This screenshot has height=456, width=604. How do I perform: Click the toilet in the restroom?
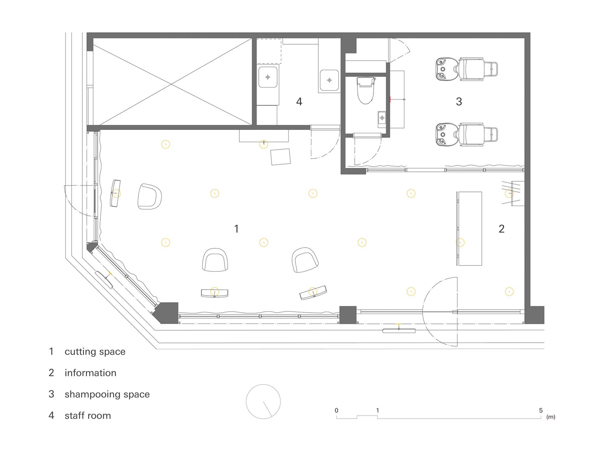[366, 91]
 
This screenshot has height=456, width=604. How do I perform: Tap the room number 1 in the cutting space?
[236, 229]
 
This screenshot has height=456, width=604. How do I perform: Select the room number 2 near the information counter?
[501, 229]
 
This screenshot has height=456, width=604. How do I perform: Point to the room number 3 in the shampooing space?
[459, 101]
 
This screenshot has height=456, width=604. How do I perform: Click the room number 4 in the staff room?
[299, 101]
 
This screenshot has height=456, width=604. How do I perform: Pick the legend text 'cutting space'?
[95, 352]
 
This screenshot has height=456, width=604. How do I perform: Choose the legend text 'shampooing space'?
[107, 394]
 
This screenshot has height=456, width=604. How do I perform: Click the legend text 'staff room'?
[88, 416]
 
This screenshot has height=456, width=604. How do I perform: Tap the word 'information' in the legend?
[90, 373]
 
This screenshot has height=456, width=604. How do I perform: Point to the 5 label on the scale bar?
[541, 410]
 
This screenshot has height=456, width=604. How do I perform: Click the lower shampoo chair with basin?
[467, 134]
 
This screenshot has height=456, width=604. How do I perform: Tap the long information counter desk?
[469, 229]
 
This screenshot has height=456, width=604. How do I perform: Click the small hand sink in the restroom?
[382, 118]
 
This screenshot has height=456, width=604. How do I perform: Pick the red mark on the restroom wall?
[390, 99]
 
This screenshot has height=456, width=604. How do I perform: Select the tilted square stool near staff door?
[281, 157]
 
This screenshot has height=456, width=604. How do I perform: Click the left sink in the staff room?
[268, 77]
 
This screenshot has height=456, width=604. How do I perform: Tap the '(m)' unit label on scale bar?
[551, 417]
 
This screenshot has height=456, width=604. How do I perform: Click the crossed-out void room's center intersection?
[172, 84]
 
